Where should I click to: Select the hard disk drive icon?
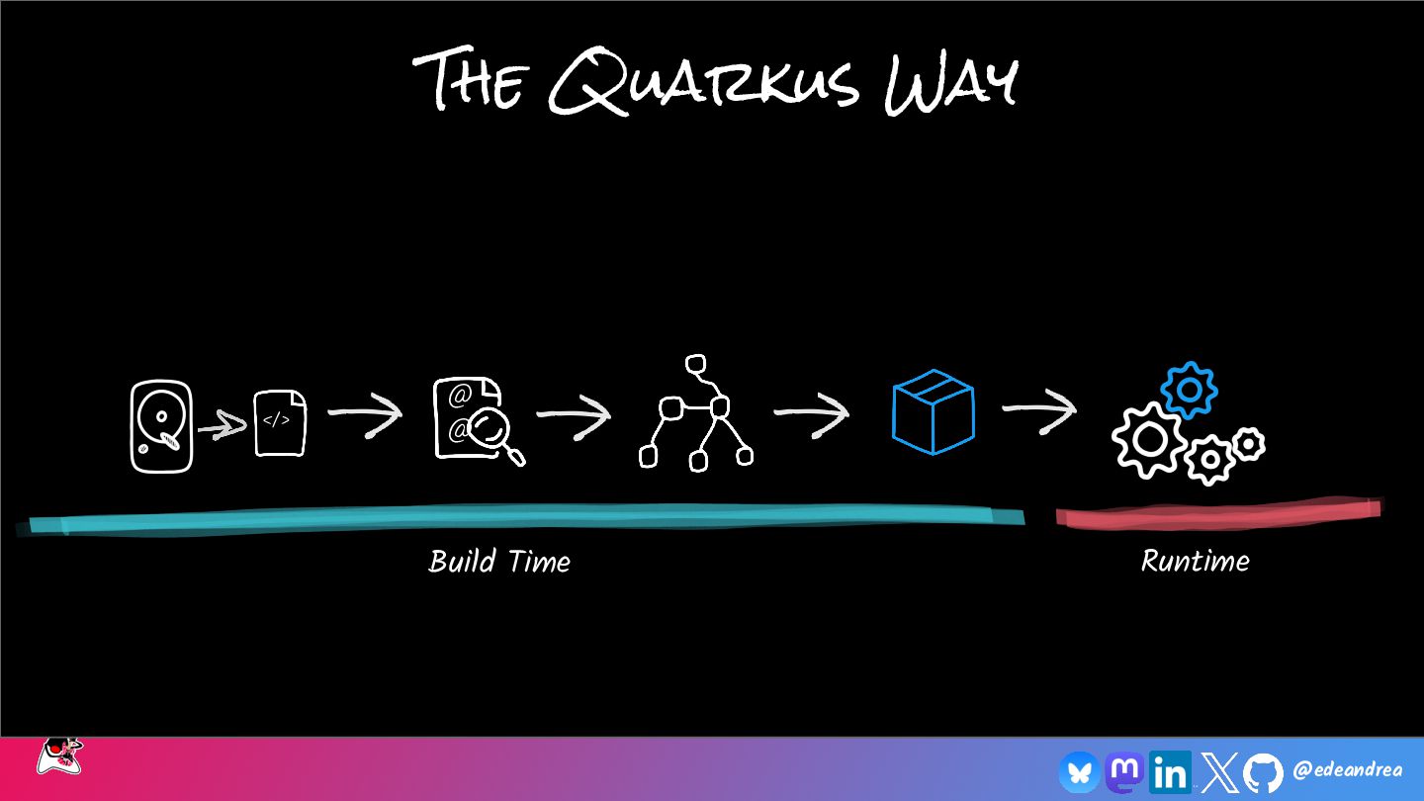pyautogui.click(x=160, y=426)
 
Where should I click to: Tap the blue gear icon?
pyautogui.click(x=1189, y=391)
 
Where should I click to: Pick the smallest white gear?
pyautogui.click(x=1249, y=443)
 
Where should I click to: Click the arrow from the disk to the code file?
pyautogui.click(x=222, y=428)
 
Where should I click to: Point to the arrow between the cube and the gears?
pyautogui.click(x=1038, y=410)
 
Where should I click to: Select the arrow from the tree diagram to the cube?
pyautogui.click(x=811, y=413)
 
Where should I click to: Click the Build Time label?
pyautogui.click(x=499, y=562)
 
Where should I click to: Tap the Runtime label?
pyautogui.click(x=1195, y=562)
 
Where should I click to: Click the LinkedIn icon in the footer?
pyautogui.click(x=1170, y=772)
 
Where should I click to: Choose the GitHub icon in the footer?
pyautogui.click(x=1263, y=772)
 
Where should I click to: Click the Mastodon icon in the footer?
pyautogui.click(x=1124, y=771)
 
